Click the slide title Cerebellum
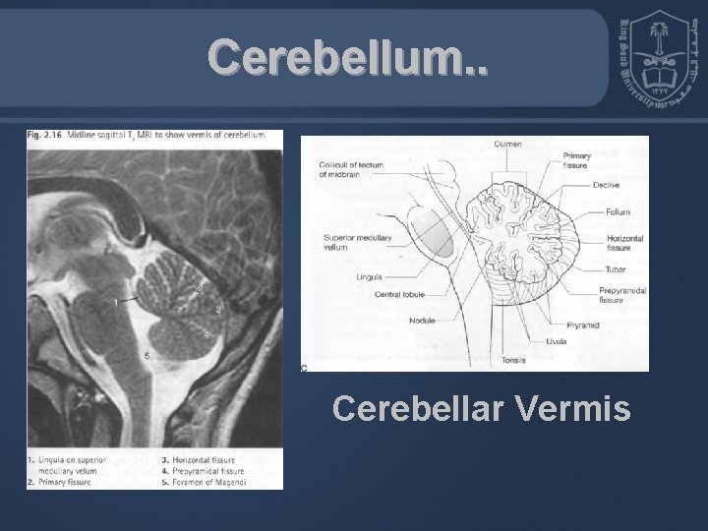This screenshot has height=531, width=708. click(346, 60)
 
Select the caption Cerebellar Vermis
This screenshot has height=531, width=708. click(482, 407)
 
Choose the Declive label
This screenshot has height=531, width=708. click(607, 185)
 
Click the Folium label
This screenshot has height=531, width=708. click(617, 211)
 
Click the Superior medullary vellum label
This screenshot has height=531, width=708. click(349, 243)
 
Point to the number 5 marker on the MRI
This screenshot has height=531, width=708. click(147, 355)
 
